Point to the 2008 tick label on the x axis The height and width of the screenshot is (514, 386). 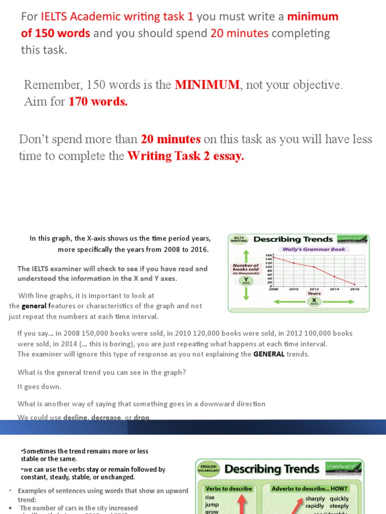coord(273,289)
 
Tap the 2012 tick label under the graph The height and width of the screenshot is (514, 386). coord(314,289)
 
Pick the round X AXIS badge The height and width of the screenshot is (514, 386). coord(314,302)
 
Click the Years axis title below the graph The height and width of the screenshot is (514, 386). coord(314,294)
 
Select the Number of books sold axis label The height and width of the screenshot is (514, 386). coord(246,268)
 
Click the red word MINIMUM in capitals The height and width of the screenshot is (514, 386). coord(207,85)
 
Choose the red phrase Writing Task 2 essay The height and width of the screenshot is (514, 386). coord(185,156)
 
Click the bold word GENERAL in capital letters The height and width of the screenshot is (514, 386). coord(269,354)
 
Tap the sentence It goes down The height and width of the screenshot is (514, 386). coord(39,387)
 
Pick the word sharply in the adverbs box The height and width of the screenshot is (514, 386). coord(315,498)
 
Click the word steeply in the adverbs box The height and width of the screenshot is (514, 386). coord(339,506)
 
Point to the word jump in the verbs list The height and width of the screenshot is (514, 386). coord(213,505)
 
